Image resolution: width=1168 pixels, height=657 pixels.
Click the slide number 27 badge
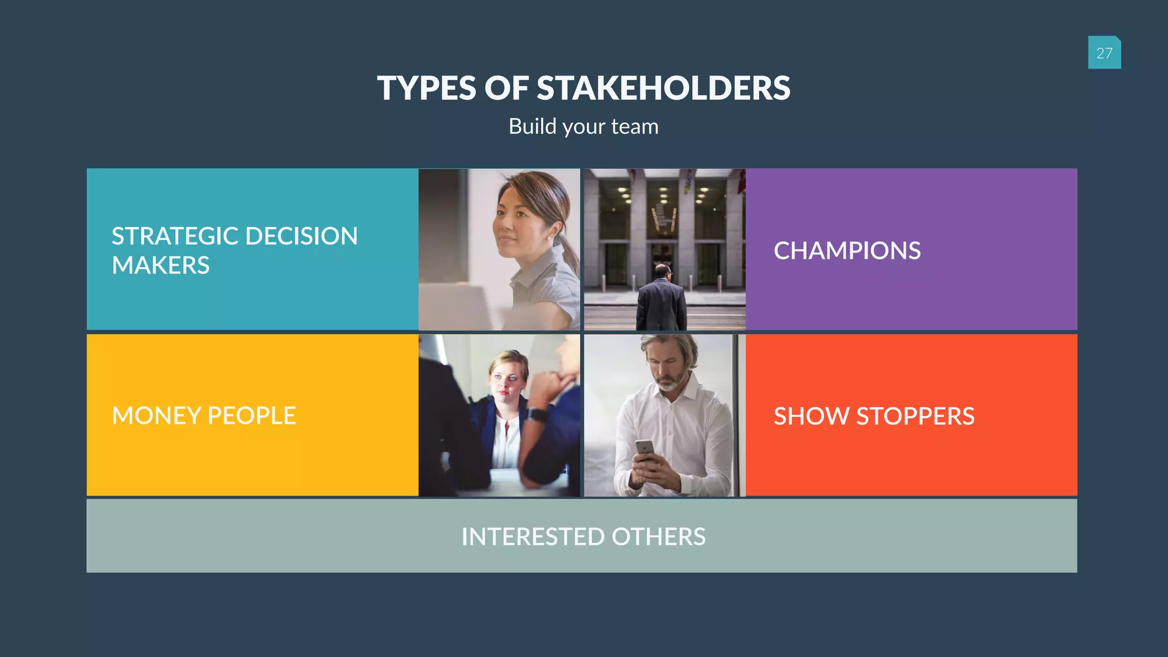click(x=1104, y=53)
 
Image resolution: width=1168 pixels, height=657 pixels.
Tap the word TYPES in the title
click(x=426, y=88)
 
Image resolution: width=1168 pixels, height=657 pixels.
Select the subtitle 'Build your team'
click(x=583, y=127)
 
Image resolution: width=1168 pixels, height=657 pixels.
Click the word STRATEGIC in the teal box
click(x=175, y=236)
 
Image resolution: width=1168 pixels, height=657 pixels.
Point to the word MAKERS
click(x=161, y=266)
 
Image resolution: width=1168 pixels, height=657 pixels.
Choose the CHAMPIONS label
click(x=847, y=251)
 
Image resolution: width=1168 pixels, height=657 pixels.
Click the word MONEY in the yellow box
click(x=157, y=416)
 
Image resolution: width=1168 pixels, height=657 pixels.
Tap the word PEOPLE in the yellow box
click(x=252, y=416)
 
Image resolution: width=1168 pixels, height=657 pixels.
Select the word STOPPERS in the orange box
click(x=915, y=416)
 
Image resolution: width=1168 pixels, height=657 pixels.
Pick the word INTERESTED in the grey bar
click(x=533, y=537)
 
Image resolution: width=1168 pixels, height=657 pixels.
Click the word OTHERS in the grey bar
click(x=659, y=537)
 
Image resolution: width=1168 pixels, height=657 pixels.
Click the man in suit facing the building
click(x=662, y=299)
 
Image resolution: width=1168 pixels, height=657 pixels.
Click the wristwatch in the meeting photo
click(x=537, y=414)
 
